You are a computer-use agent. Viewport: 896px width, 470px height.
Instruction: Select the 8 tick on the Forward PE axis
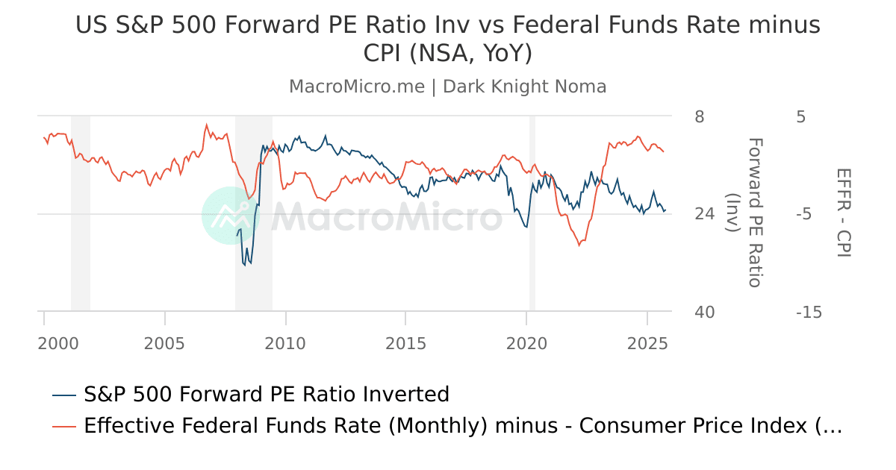[699, 117]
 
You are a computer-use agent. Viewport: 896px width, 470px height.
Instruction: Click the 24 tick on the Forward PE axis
[704, 214]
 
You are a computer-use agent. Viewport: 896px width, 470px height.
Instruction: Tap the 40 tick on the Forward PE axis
[704, 312]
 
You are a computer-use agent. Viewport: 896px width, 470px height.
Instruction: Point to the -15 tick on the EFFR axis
[809, 312]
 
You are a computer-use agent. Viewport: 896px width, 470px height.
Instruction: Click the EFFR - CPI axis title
[844, 213]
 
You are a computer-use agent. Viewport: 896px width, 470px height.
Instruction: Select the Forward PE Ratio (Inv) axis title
[744, 213]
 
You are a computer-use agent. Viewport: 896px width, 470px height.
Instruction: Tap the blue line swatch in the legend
[65, 395]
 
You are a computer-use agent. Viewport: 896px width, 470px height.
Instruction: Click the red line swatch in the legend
[65, 427]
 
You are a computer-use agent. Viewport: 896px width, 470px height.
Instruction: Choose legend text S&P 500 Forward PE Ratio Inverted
[267, 394]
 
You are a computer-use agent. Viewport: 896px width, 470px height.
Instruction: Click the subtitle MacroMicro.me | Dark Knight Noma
[447, 87]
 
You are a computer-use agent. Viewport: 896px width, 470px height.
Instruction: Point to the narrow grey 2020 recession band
[532, 213]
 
